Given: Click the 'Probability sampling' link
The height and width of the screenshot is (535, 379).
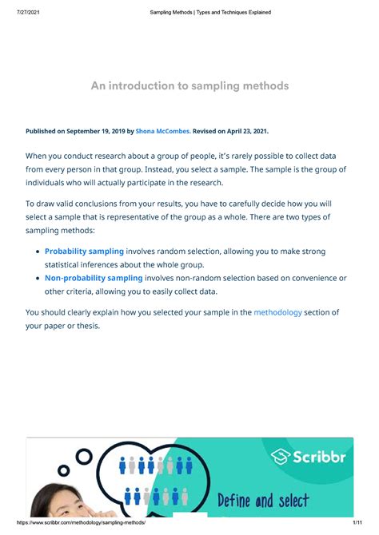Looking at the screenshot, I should tap(84, 252).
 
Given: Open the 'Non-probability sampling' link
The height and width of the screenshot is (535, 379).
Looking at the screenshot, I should tap(93, 278).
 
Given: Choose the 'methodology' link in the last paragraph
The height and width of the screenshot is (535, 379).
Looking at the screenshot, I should tap(277, 312).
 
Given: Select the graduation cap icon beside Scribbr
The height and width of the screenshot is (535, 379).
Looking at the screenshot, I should tap(281, 457).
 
